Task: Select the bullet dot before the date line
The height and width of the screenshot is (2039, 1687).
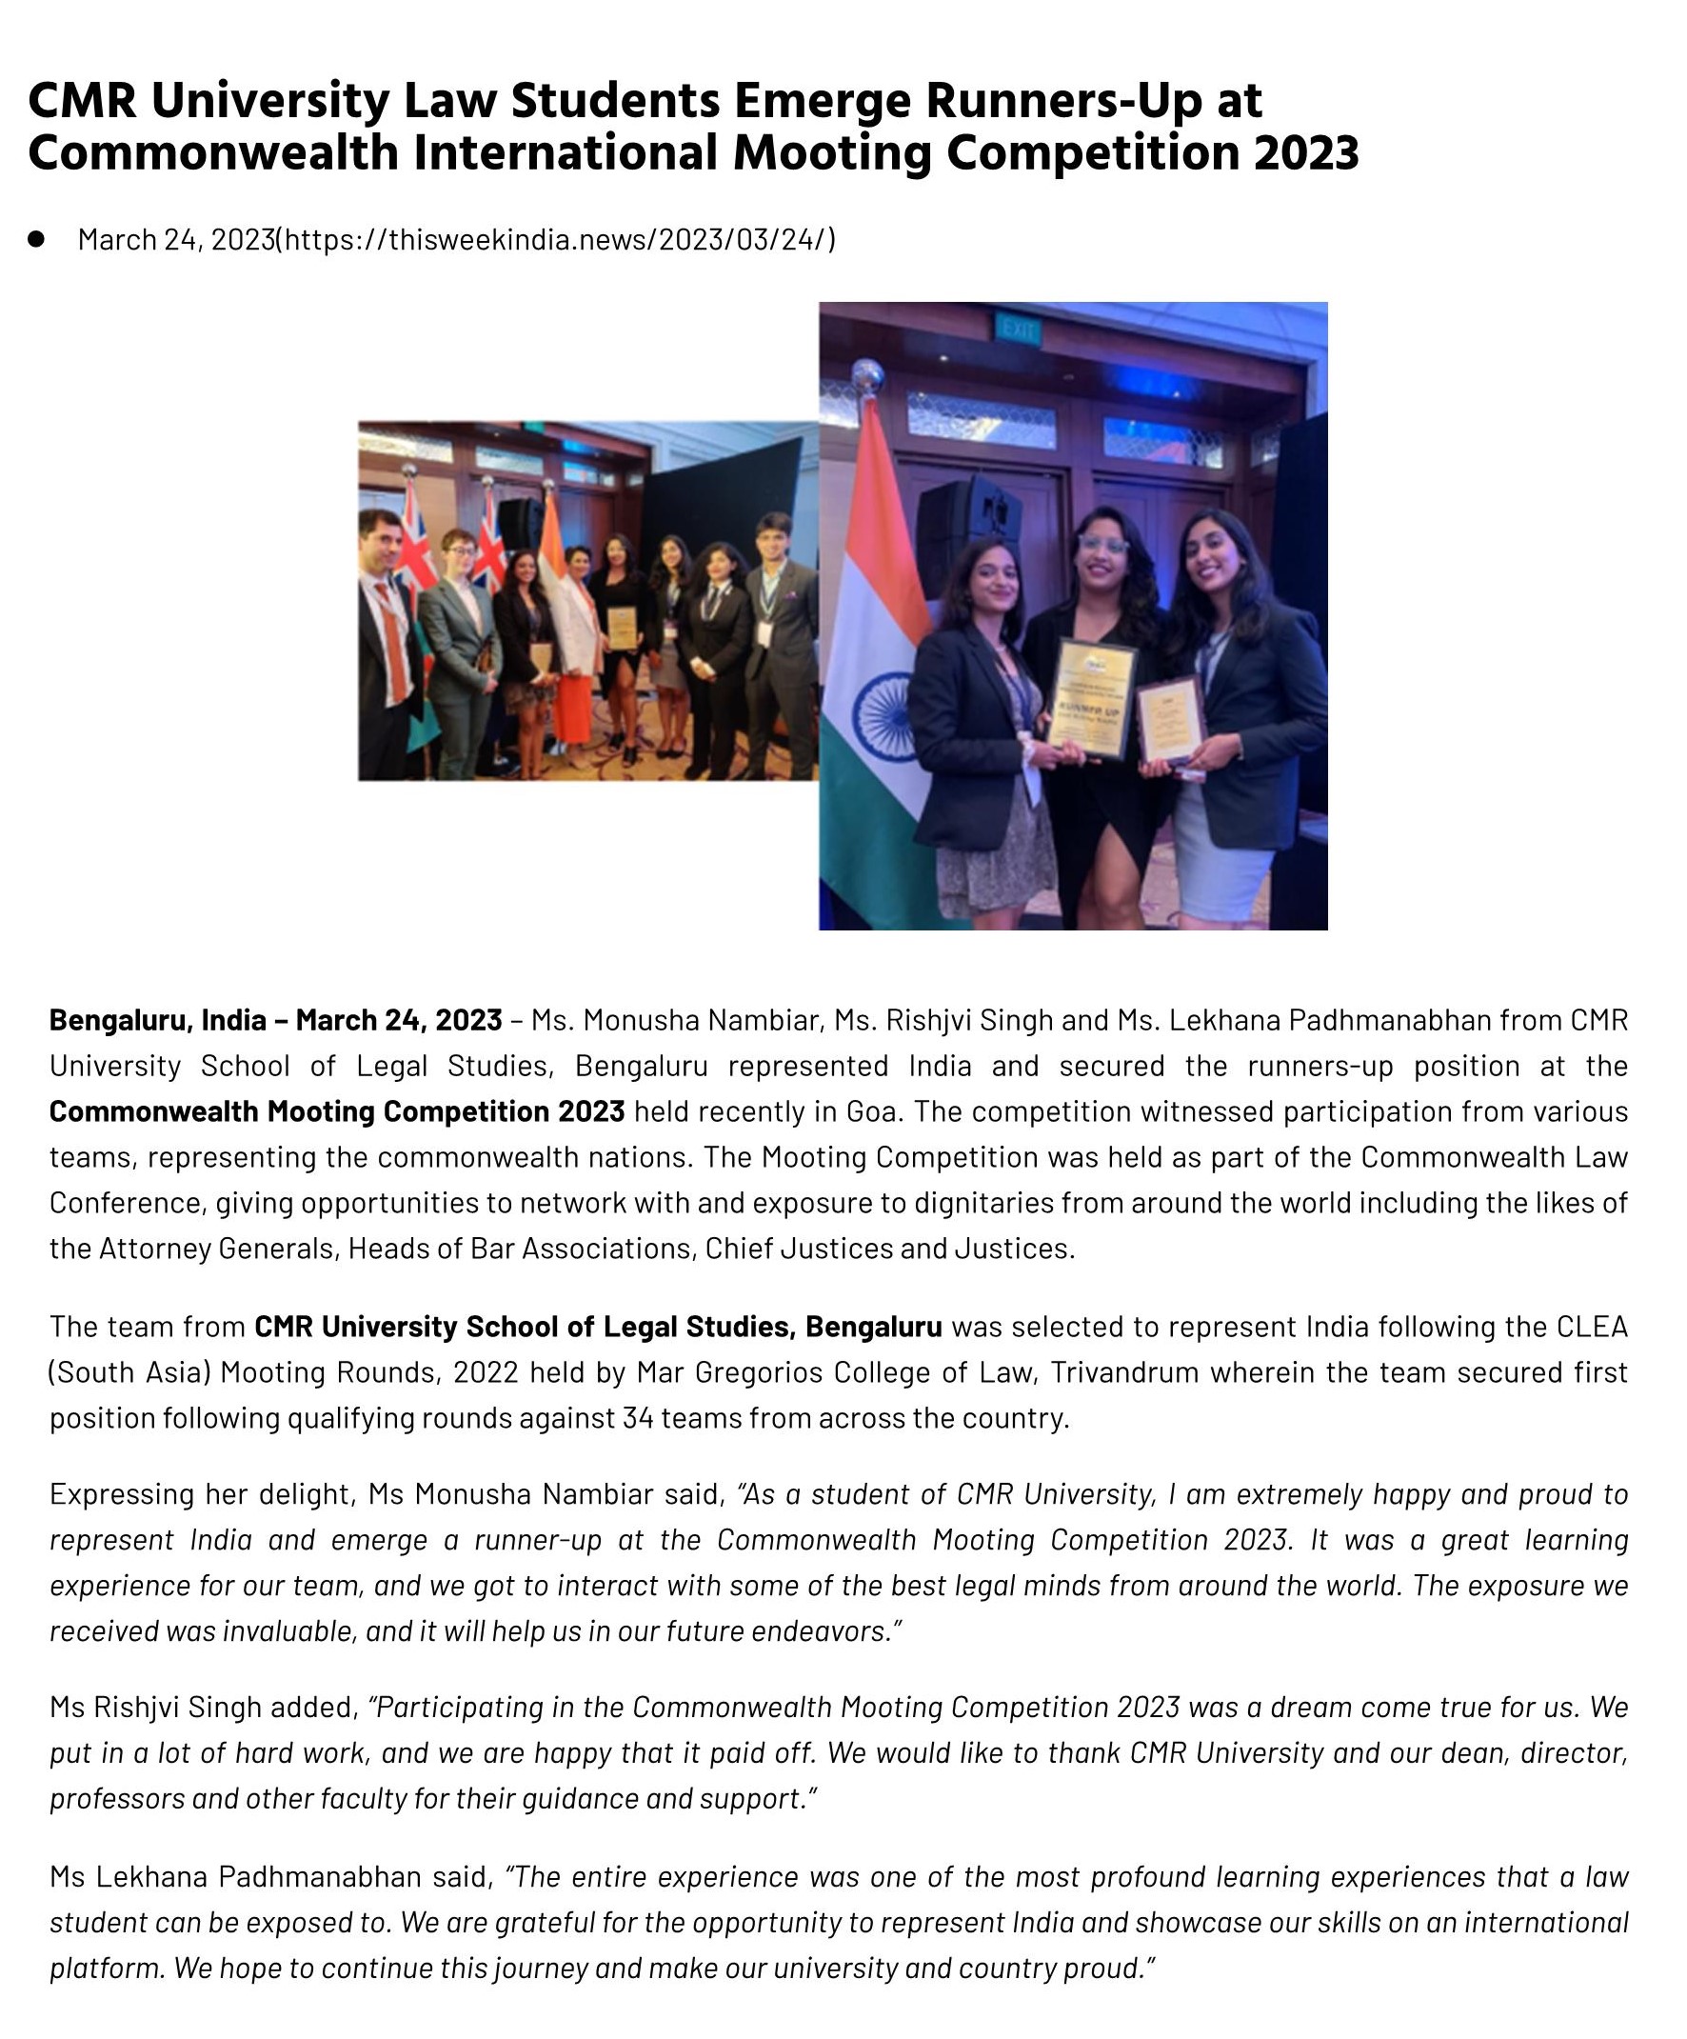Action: [x=37, y=239]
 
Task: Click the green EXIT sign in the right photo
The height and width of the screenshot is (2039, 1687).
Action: [x=1018, y=330]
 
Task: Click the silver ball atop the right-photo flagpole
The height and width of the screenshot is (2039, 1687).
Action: [x=865, y=375]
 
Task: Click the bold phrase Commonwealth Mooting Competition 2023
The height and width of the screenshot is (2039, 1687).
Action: [x=337, y=1110]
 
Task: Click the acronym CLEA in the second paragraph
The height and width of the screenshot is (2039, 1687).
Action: [x=1590, y=1327]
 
